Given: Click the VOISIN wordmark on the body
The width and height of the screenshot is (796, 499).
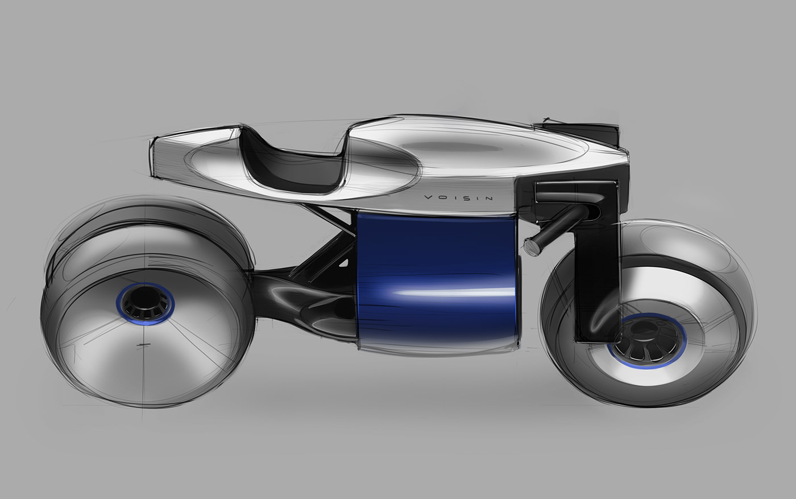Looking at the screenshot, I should (459, 198).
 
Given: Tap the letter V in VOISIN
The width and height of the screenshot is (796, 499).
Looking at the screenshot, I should (428, 198).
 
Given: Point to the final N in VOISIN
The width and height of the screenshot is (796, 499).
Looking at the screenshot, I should (490, 198).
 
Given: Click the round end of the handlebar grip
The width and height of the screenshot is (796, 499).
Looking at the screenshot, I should (533, 244).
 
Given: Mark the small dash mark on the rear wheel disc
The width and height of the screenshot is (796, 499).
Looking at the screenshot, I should (142, 345).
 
